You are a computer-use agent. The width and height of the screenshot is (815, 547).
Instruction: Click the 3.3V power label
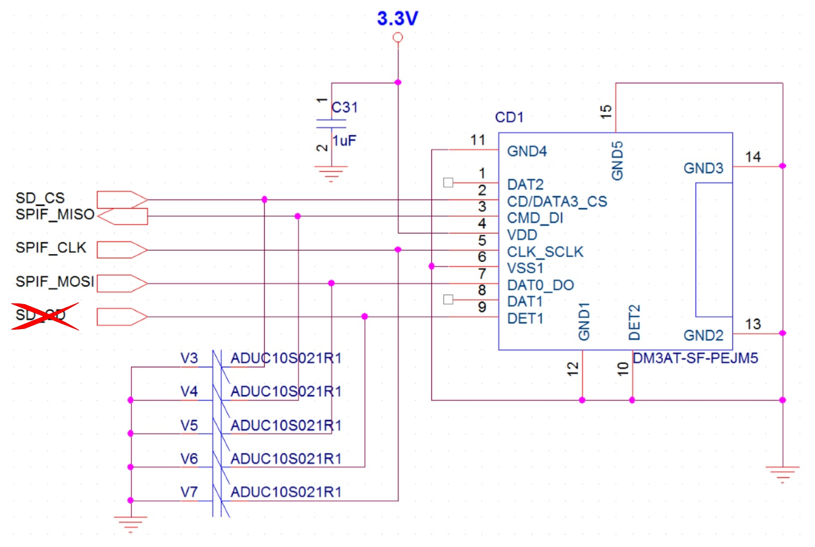(x=397, y=18)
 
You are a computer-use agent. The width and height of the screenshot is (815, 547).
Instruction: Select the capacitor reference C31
(x=344, y=107)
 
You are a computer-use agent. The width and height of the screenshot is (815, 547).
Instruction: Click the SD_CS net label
(x=40, y=197)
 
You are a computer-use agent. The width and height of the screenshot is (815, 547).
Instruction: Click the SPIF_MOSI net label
(x=54, y=282)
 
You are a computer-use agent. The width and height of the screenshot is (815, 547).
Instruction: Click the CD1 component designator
(x=508, y=118)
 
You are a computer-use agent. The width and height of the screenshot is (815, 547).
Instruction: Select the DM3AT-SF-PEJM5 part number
(x=685, y=359)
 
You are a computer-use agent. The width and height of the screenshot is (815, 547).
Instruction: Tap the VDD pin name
(x=522, y=235)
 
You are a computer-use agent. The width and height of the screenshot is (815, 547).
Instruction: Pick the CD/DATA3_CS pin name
(x=557, y=201)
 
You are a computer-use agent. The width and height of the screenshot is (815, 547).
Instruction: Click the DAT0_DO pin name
(x=540, y=285)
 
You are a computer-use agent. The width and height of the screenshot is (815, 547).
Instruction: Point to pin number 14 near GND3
(x=752, y=157)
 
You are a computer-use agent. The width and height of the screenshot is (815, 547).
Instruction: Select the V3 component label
(x=189, y=358)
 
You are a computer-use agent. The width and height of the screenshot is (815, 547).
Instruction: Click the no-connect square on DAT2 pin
(x=448, y=183)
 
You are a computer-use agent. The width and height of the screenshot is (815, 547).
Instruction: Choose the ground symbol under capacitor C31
(x=331, y=174)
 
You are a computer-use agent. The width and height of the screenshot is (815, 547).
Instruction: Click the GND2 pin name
(x=703, y=336)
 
